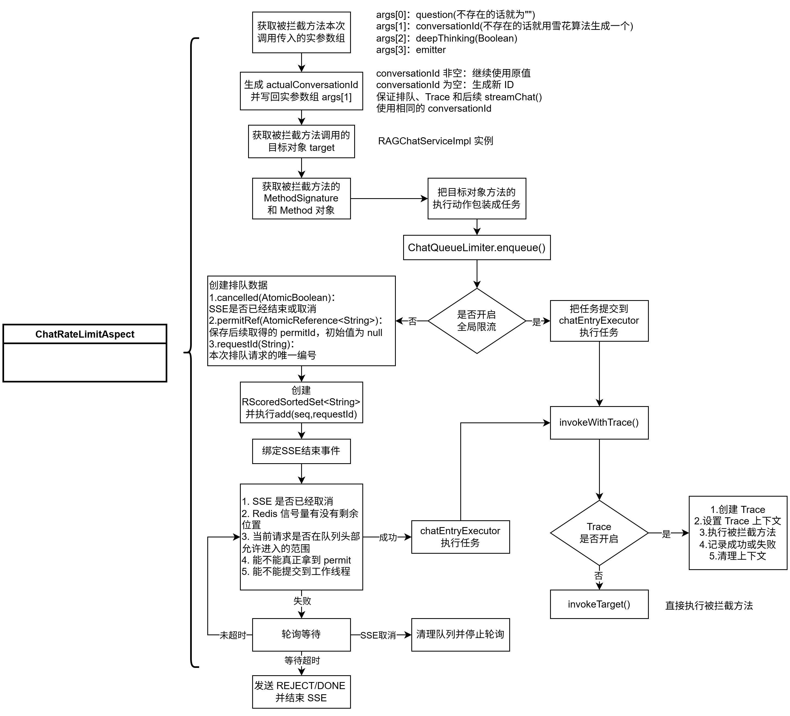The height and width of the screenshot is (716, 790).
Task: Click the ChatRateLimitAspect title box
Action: point(85,334)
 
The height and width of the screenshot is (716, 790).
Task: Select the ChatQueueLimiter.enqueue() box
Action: point(477,247)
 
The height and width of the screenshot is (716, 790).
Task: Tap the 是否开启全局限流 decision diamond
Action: point(477,321)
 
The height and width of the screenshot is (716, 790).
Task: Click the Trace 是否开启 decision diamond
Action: point(599,533)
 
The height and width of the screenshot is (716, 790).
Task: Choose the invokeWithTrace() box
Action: point(599,422)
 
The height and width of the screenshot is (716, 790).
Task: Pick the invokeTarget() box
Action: point(599,605)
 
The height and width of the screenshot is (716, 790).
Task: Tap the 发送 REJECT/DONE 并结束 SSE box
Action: point(301,692)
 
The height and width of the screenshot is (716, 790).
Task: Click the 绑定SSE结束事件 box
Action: point(301,451)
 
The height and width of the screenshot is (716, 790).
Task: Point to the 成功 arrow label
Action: point(388,537)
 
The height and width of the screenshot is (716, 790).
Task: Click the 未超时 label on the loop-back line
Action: point(233,635)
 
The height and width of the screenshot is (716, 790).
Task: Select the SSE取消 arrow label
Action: point(378,635)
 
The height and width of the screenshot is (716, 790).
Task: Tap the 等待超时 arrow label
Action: point(302,661)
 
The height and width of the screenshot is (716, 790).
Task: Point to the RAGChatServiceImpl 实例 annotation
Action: point(435,141)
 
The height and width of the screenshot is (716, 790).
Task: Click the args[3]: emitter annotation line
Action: point(411,50)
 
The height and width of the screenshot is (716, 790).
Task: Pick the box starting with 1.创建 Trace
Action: point(738,533)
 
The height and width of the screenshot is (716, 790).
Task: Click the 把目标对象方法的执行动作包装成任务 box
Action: point(477,198)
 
